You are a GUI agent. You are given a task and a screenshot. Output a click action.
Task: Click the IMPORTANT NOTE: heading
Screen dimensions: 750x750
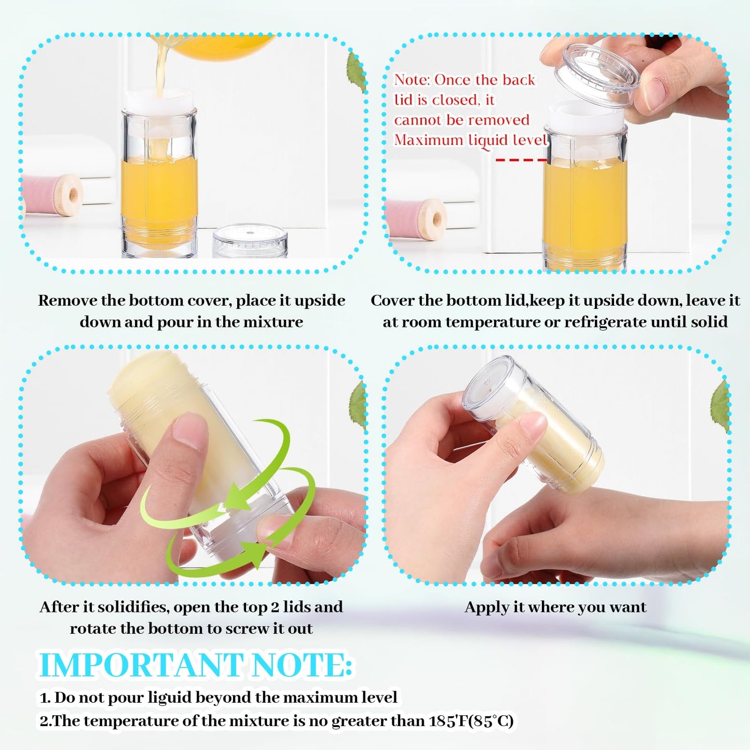(196, 665)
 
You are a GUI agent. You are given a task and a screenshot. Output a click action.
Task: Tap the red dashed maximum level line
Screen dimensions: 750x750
(520, 160)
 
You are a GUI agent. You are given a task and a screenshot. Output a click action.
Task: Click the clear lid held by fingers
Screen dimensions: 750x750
(597, 75)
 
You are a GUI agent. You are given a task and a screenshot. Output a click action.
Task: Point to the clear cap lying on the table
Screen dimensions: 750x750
(250, 240)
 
